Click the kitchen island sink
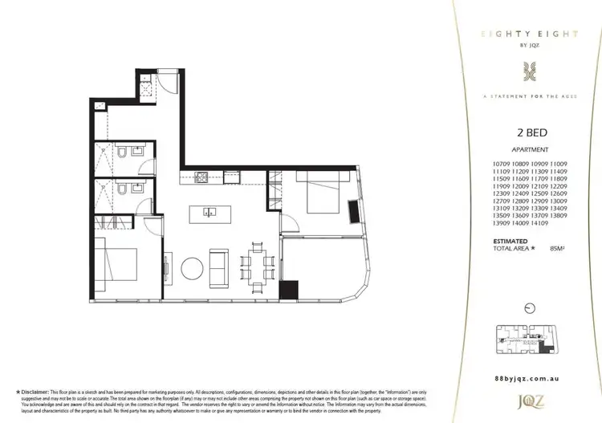(x=209, y=213)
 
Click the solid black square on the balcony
(x=288, y=287)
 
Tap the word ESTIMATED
(x=510, y=241)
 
